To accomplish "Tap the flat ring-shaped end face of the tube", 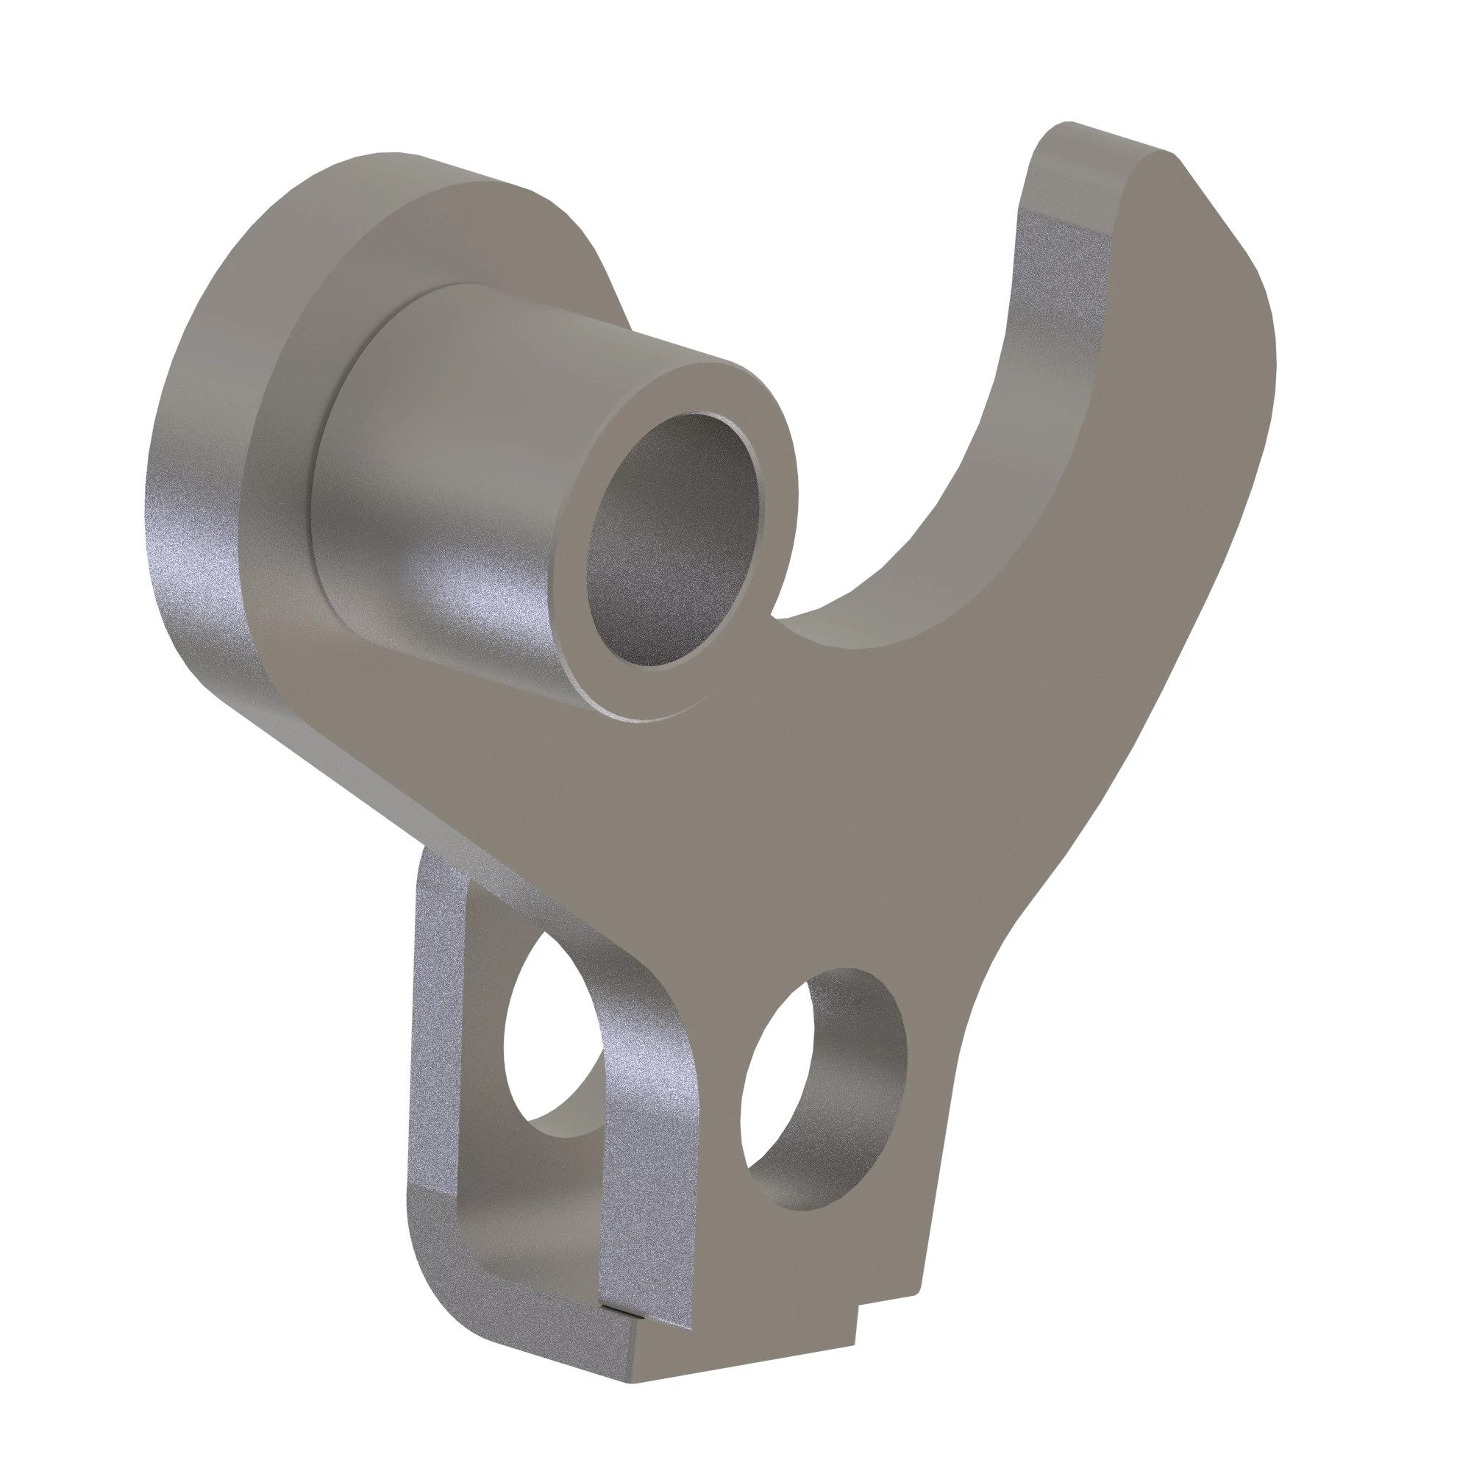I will click(761, 427).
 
